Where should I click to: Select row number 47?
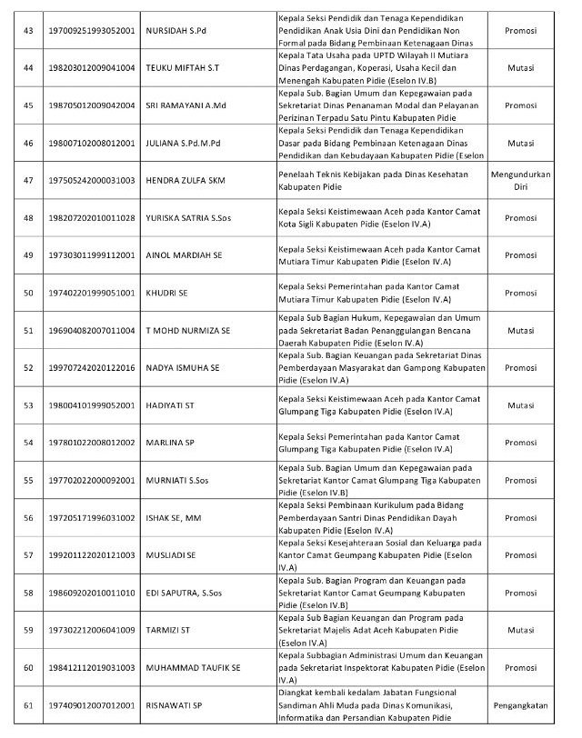(27, 180)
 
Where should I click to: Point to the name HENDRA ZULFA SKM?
(186, 180)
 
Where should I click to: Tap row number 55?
(27, 480)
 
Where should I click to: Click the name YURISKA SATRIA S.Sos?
(188, 218)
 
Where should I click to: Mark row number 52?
(27, 367)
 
